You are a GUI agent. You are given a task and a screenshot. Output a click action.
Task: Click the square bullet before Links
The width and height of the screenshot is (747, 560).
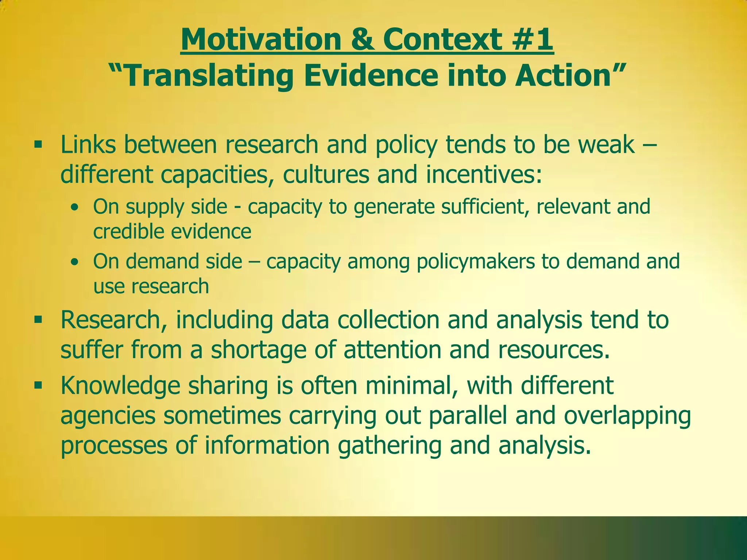coord(38,145)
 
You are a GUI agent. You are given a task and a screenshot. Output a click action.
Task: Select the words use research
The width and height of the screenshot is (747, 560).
coord(151,286)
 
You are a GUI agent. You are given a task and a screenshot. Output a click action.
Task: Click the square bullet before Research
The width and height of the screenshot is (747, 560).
coord(38,320)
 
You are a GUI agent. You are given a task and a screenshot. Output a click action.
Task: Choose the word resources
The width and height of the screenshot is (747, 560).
coord(553,350)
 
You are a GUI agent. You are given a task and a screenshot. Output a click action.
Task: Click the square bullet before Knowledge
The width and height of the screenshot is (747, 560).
coord(38,385)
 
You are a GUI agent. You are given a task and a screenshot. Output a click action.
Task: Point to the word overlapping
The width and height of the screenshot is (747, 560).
coord(627,416)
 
